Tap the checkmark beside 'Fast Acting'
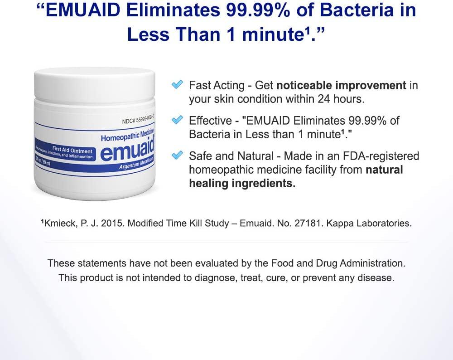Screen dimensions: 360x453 [178, 84]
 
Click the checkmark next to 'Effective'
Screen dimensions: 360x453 [178, 120]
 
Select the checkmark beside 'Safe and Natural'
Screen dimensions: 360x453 [178, 156]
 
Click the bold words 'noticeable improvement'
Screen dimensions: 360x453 [341, 85]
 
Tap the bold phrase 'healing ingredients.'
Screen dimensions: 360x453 [242, 183]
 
